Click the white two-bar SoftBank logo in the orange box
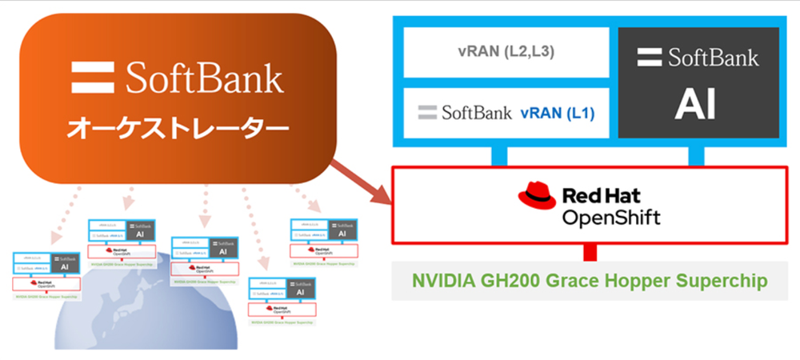pos(94,78)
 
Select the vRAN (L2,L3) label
pos(506,52)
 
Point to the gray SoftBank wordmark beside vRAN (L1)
pos(466,113)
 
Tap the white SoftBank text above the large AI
pos(713,58)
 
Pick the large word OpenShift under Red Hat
pos(612,217)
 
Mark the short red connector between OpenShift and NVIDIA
pos(590,252)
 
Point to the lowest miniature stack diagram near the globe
pos(282,303)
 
